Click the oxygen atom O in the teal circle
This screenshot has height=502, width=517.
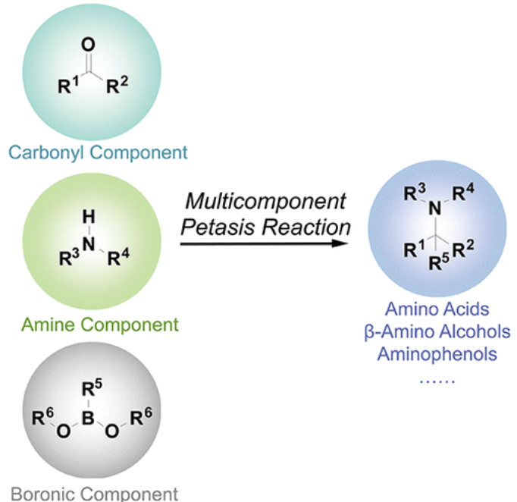(x=89, y=45)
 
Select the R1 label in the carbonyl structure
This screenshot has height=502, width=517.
(x=67, y=88)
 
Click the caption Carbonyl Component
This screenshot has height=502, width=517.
(x=98, y=152)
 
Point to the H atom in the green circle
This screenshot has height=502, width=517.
(x=89, y=218)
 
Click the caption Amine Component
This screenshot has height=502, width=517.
(x=100, y=325)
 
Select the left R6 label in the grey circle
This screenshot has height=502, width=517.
(x=44, y=416)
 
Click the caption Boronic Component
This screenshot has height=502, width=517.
(x=94, y=494)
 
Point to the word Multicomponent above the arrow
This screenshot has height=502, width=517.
(x=265, y=202)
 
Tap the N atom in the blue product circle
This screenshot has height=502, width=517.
(x=435, y=206)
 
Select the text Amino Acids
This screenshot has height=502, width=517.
(x=436, y=309)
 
